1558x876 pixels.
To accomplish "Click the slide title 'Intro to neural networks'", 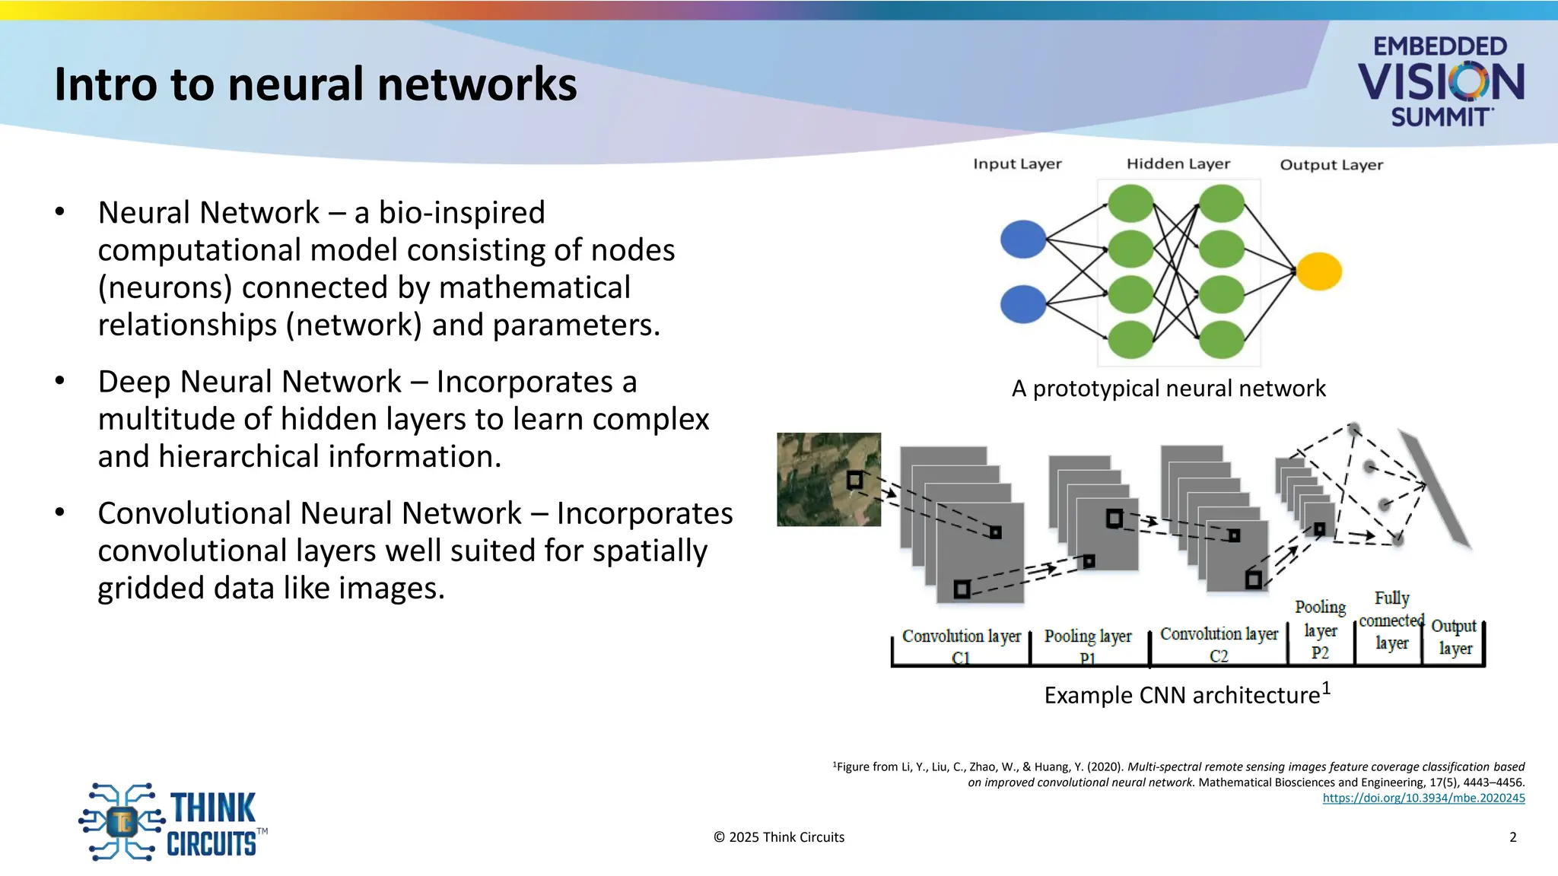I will click(x=316, y=84).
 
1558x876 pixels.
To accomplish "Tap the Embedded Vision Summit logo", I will click(x=1441, y=81).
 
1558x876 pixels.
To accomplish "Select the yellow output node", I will click(x=1318, y=271).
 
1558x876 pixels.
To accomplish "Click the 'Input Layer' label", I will click(x=1017, y=164).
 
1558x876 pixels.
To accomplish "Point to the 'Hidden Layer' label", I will click(x=1178, y=164).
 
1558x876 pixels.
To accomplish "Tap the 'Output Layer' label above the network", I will click(x=1331, y=165).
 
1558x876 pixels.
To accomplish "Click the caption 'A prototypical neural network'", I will click(x=1168, y=389).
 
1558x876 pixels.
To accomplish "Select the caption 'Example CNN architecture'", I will click(x=1182, y=695).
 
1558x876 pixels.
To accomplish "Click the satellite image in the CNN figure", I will click(x=828, y=479).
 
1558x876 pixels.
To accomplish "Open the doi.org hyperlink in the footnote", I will click(x=1423, y=798).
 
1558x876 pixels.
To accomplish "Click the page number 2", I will click(x=1512, y=837).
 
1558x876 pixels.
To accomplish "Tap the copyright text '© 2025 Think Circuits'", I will click(x=779, y=837).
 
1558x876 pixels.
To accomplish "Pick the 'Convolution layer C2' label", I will click(x=1219, y=644).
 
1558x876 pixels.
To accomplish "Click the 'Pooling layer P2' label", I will click(x=1320, y=630).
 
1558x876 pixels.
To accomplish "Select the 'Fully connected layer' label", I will click(x=1391, y=620).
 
